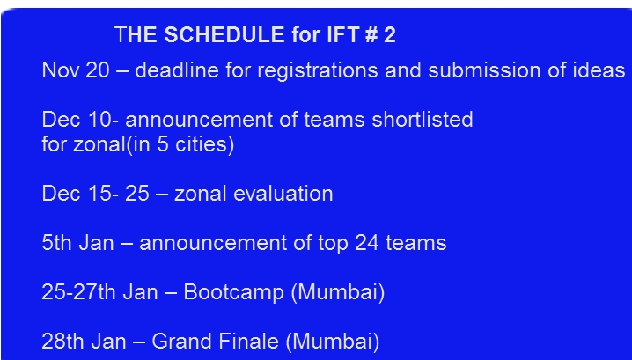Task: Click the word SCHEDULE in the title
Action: pyautogui.click(x=224, y=34)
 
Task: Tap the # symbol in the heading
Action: pyautogui.click(x=371, y=34)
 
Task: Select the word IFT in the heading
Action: pyautogui.click(x=343, y=34)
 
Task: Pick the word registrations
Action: pyautogui.click(x=318, y=71)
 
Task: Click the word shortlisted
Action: pyautogui.click(x=422, y=120)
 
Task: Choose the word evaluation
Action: pyautogui.click(x=283, y=194)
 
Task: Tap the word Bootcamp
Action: pyautogui.click(x=233, y=293)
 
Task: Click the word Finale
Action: pyautogui.click(x=249, y=341)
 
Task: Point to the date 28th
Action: pyautogui.click(x=62, y=341)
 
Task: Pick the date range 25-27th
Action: pyautogui.click(x=78, y=292)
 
